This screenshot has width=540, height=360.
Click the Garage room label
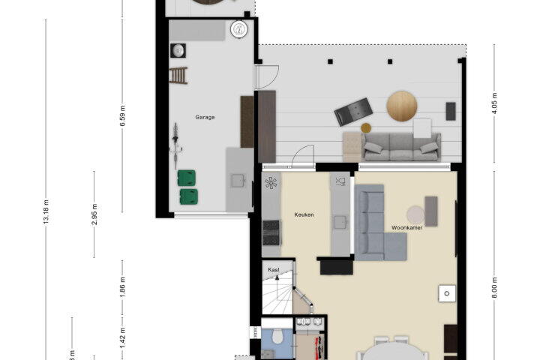tap(205, 117)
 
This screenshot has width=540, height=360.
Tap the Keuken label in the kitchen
tap(304, 214)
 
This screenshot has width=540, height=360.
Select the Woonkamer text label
tap(406, 228)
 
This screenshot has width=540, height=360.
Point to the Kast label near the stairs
tap(274, 270)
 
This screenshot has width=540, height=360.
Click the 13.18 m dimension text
tap(46, 211)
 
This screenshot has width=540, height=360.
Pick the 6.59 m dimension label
tap(123, 115)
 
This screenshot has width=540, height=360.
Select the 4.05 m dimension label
tap(494, 103)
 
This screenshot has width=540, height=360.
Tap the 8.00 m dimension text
tap(494, 288)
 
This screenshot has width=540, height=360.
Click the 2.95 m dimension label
tap(94, 214)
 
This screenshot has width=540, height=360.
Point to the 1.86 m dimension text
tap(123, 286)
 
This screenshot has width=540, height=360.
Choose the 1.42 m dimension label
tap(123, 338)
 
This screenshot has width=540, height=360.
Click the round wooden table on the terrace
tap(402, 106)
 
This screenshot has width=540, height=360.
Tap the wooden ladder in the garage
tap(178, 76)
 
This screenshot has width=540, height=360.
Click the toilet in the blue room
tap(277, 336)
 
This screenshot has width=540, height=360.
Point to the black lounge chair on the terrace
tap(353, 112)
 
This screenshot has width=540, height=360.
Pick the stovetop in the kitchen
tap(271, 232)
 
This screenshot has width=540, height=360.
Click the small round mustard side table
tap(366, 128)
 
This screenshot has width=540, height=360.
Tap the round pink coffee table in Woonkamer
tap(415, 215)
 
